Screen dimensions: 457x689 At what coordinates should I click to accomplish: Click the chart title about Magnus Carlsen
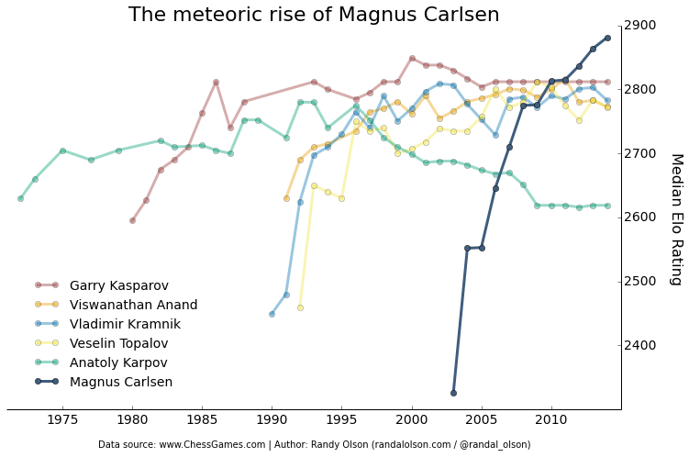point(314,15)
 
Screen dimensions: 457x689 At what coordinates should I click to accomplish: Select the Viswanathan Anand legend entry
point(133,305)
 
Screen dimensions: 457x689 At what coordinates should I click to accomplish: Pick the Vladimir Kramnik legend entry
point(125,324)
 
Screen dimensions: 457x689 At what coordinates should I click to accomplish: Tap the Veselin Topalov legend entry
point(118,343)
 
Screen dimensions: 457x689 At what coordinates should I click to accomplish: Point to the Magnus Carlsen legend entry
point(120,382)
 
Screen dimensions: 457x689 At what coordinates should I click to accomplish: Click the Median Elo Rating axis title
point(676,218)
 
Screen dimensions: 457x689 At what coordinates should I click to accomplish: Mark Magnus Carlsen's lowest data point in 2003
point(453,393)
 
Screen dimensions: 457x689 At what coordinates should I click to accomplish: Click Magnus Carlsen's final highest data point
point(607,38)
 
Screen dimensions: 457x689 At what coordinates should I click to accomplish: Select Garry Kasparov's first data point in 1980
point(132,220)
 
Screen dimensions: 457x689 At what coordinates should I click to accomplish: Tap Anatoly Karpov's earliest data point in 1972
point(20,198)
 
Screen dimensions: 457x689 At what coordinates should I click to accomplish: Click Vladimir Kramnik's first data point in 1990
point(272,314)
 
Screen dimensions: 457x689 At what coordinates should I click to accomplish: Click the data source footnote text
point(314,444)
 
